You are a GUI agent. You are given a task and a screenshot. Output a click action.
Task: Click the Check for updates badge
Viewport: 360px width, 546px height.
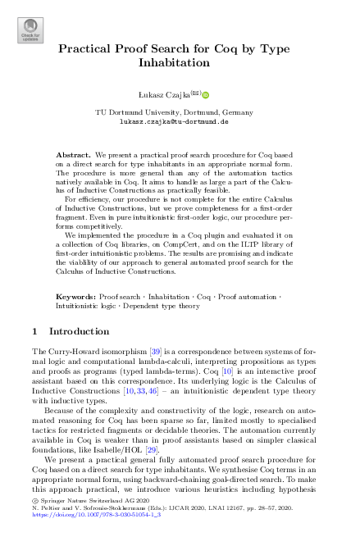(30, 31)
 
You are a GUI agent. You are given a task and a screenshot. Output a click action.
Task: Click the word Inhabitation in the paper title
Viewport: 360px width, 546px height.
(180, 62)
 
